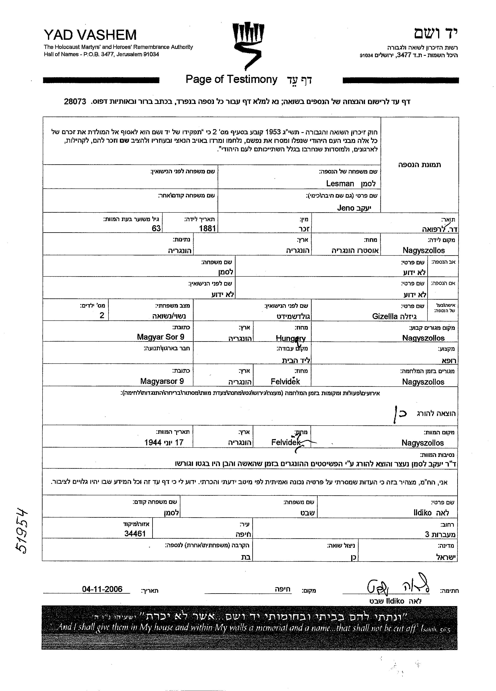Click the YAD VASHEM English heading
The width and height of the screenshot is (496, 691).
pyautogui.click(x=90, y=35)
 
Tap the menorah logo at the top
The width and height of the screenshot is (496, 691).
pyautogui.click(x=248, y=44)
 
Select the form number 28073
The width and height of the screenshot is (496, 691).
pyautogui.click(x=75, y=102)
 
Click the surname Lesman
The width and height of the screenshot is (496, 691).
pyautogui.click(x=340, y=183)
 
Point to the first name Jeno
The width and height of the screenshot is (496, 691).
pyautogui.click(x=346, y=208)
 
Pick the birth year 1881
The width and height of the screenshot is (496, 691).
pyautogui.click(x=207, y=228)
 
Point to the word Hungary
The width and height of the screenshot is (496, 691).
pyautogui.click(x=290, y=338)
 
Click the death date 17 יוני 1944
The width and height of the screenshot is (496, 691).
pyautogui.click(x=164, y=442)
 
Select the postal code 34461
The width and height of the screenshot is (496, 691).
pyautogui.click(x=135, y=533)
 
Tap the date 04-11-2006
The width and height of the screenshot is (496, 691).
pyautogui.click(x=102, y=589)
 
